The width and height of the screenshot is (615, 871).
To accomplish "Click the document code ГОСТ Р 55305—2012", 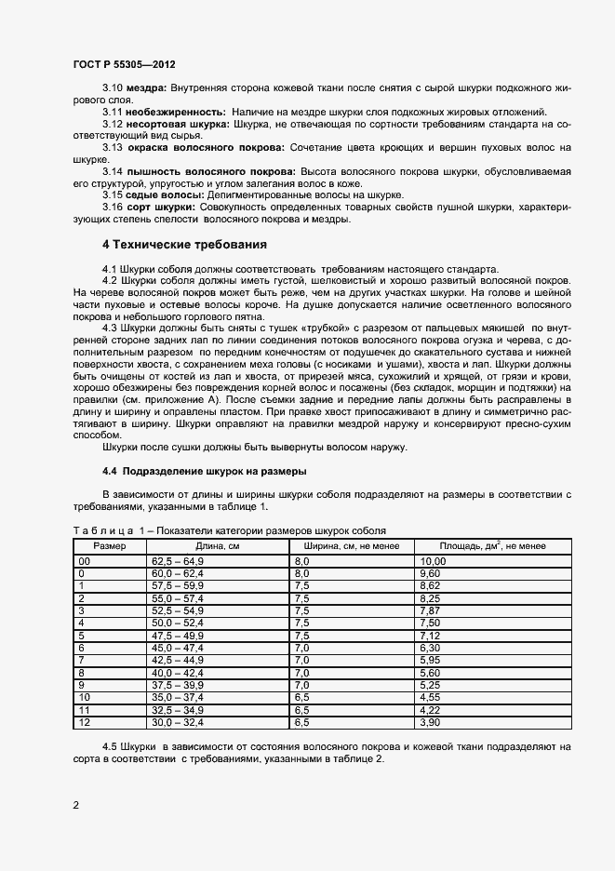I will coord(124,65).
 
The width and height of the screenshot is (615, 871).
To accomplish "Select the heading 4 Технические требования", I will coord(184,245).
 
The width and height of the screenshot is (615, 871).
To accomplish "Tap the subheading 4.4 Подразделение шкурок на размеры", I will coord(205,471).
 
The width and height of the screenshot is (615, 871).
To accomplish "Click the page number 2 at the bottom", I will coord(75,805).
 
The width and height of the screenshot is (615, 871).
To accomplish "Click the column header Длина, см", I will coord(217,546).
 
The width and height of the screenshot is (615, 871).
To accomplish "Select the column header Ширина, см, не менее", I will coord(352,546).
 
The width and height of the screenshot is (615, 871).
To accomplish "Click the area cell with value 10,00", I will coord(434,562).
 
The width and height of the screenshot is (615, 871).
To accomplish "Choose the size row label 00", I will coord(85,562).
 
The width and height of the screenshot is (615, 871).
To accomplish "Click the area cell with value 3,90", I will coord(431,720).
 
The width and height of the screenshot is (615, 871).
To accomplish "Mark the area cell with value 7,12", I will coord(431,635).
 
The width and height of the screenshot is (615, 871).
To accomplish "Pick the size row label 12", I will coord(85,720).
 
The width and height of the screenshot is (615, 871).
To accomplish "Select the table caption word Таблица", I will coord(102,530).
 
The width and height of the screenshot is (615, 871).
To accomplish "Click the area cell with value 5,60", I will coord(431,672).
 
